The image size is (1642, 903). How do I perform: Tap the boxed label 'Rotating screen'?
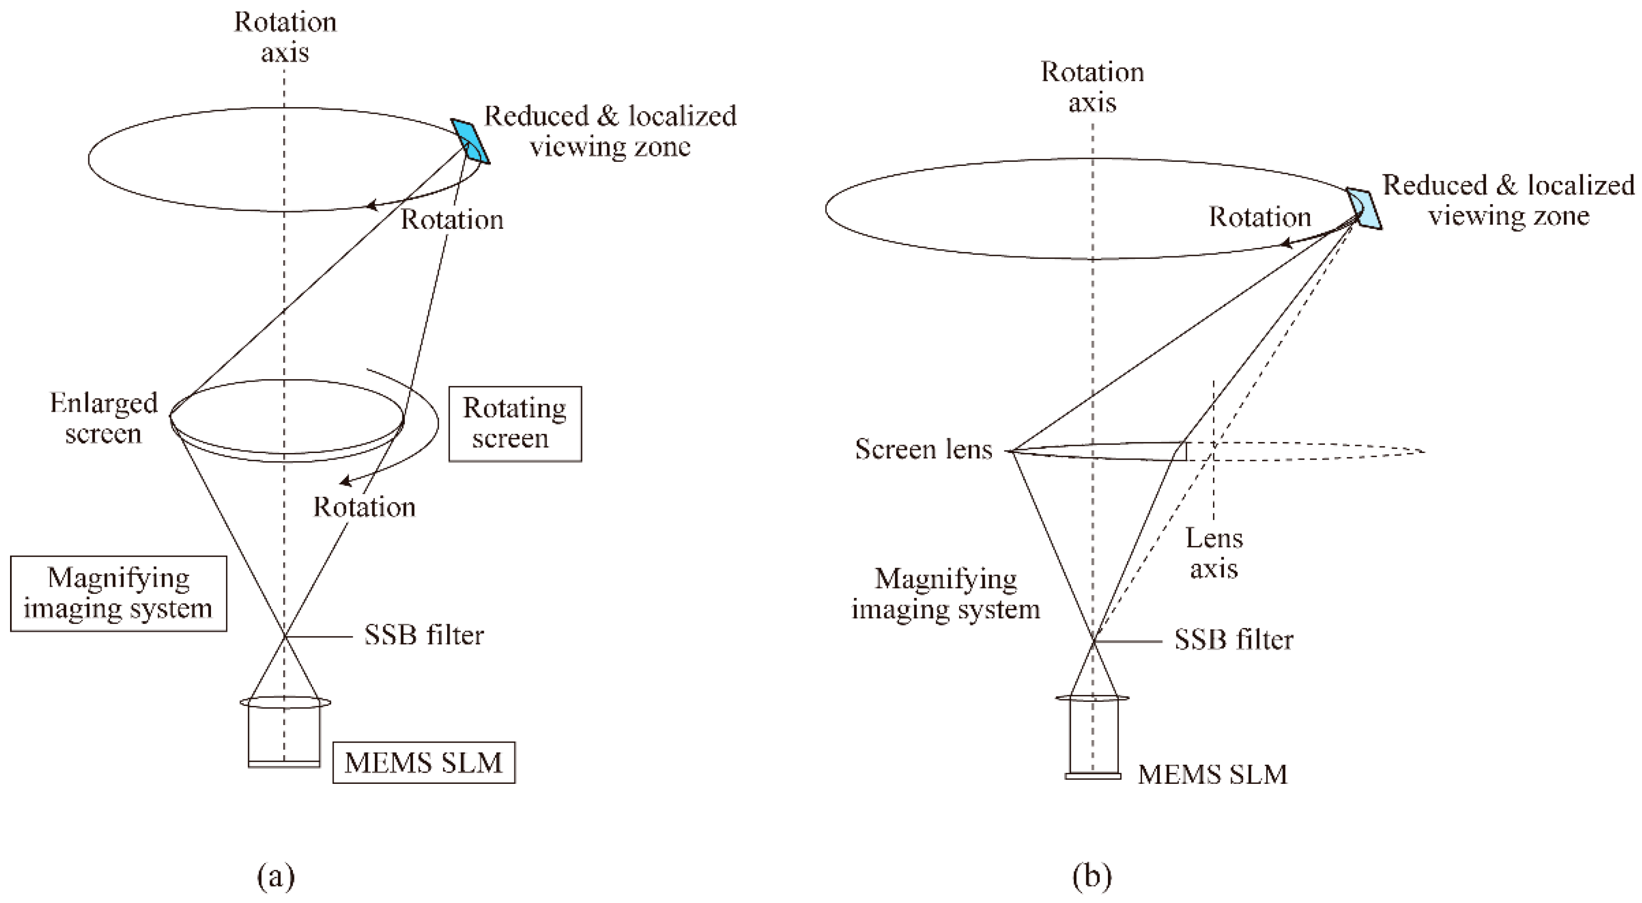[515, 423]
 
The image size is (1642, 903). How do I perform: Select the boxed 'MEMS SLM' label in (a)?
[423, 762]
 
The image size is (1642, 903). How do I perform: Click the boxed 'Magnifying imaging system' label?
[119, 593]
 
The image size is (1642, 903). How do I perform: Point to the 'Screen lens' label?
[923, 449]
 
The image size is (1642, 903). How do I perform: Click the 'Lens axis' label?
[1213, 553]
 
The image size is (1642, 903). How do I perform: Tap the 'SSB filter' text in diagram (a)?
[423, 635]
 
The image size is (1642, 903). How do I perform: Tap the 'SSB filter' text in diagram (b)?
[1234, 640]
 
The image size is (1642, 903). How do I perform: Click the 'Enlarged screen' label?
[104, 418]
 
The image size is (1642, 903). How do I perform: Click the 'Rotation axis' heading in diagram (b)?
[1092, 87]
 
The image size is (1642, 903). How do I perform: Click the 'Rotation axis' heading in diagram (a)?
[284, 37]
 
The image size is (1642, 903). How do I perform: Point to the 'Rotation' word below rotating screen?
[364, 507]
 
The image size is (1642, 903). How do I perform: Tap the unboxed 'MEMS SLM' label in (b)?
[1212, 774]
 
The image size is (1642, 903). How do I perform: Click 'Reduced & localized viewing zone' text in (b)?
[1507, 200]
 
